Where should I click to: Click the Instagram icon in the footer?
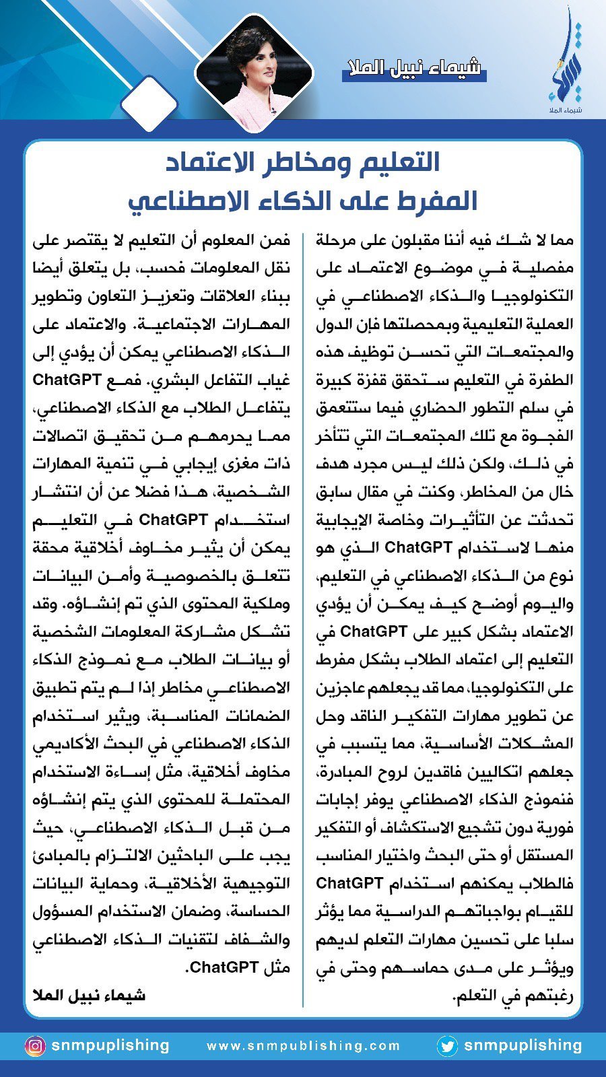35,1046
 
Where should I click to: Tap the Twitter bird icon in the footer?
447,1046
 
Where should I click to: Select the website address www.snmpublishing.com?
303,1046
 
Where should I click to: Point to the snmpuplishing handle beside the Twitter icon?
523,1045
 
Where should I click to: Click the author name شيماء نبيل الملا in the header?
413,68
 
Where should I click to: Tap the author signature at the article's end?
89,995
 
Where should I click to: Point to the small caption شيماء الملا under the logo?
564,109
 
